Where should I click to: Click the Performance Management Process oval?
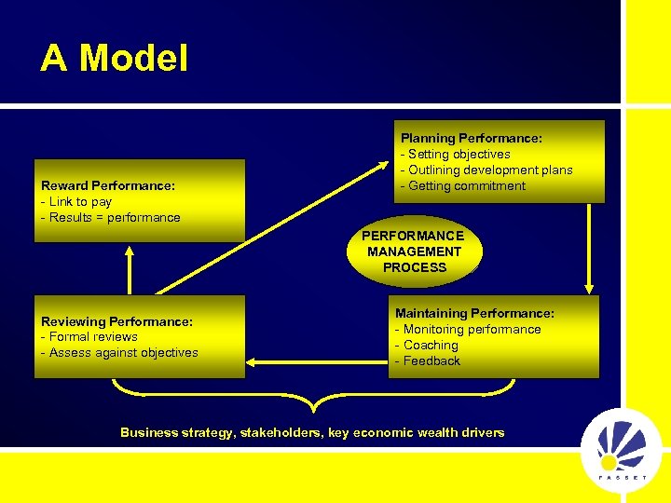click(x=414, y=251)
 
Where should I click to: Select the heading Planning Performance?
click(x=471, y=138)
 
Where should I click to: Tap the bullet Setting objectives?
click(x=458, y=154)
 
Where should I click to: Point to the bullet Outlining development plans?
click(x=488, y=170)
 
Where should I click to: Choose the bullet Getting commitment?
click(x=465, y=185)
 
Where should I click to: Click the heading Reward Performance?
click(x=108, y=185)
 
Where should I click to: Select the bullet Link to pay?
click(x=78, y=201)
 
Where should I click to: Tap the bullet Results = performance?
click(x=112, y=217)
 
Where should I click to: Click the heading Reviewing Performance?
click(x=116, y=321)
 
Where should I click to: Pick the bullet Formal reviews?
click(x=91, y=336)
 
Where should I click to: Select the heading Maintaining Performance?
click(x=474, y=313)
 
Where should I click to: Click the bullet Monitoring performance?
click(x=470, y=329)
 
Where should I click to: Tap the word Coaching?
click(x=431, y=345)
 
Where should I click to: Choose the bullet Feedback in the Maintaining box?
click(x=431, y=360)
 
